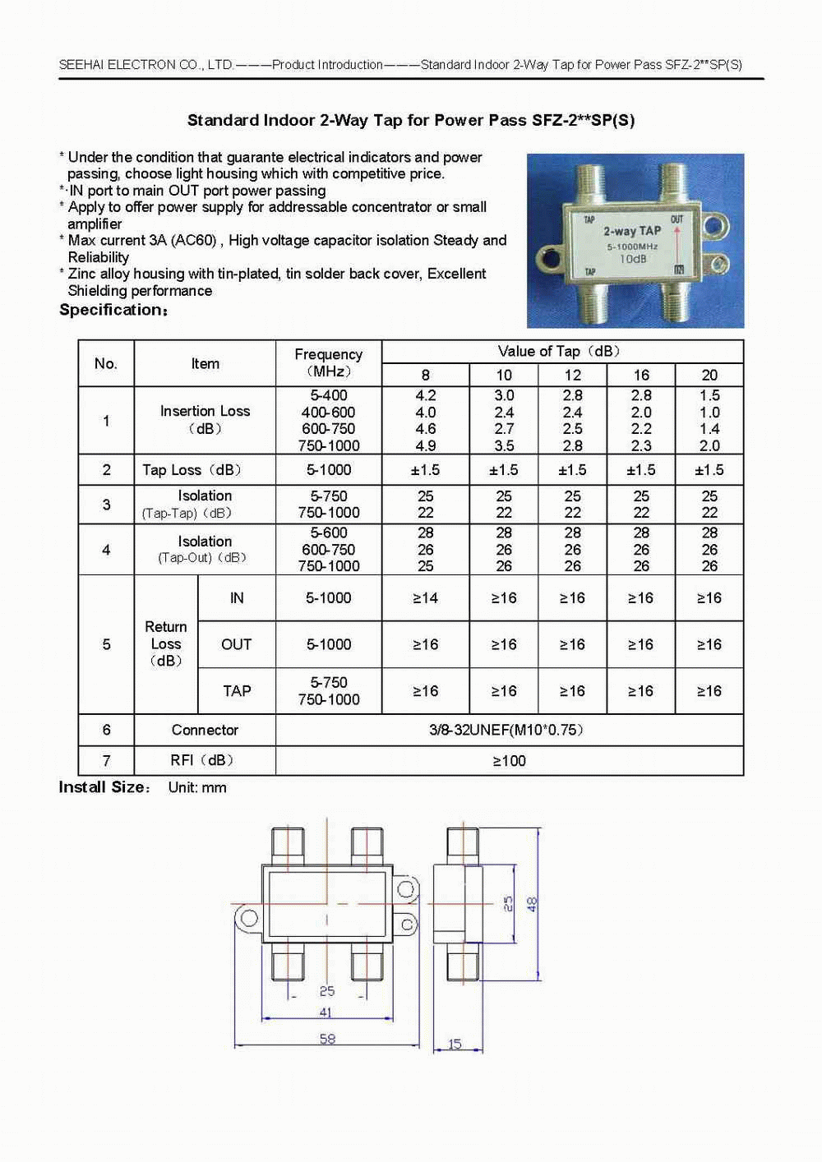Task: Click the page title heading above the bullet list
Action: [411, 121]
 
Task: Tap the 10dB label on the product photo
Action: [633, 259]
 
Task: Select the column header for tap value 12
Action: [572, 375]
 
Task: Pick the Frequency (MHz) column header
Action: [328, 362]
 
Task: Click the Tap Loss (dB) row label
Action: [192, 470]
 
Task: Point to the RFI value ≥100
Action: [509, 761]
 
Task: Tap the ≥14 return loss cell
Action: [425, 598]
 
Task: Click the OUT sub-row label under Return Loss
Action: [236, 644]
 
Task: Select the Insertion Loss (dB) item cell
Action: [205, 420]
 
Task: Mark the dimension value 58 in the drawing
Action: [327, 1039]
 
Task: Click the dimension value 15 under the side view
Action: [455, 1044]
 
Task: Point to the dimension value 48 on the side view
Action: [532, 904]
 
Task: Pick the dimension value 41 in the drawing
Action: [326, 1012]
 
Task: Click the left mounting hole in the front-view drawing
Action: [248, 918]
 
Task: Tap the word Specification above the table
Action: [111, 310]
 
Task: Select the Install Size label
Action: [103, 787]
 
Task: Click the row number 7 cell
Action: [106, 761]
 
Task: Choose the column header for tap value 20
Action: [709, 375]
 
